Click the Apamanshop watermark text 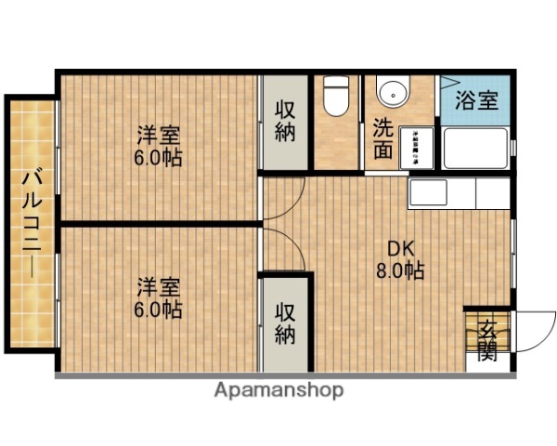tap(278, 389)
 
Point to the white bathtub tap(475, 149)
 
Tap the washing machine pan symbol tap(421, 147)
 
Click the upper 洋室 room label tap(157, 134)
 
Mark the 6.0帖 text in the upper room tap(157, 157)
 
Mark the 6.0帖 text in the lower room tap(157, 308)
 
